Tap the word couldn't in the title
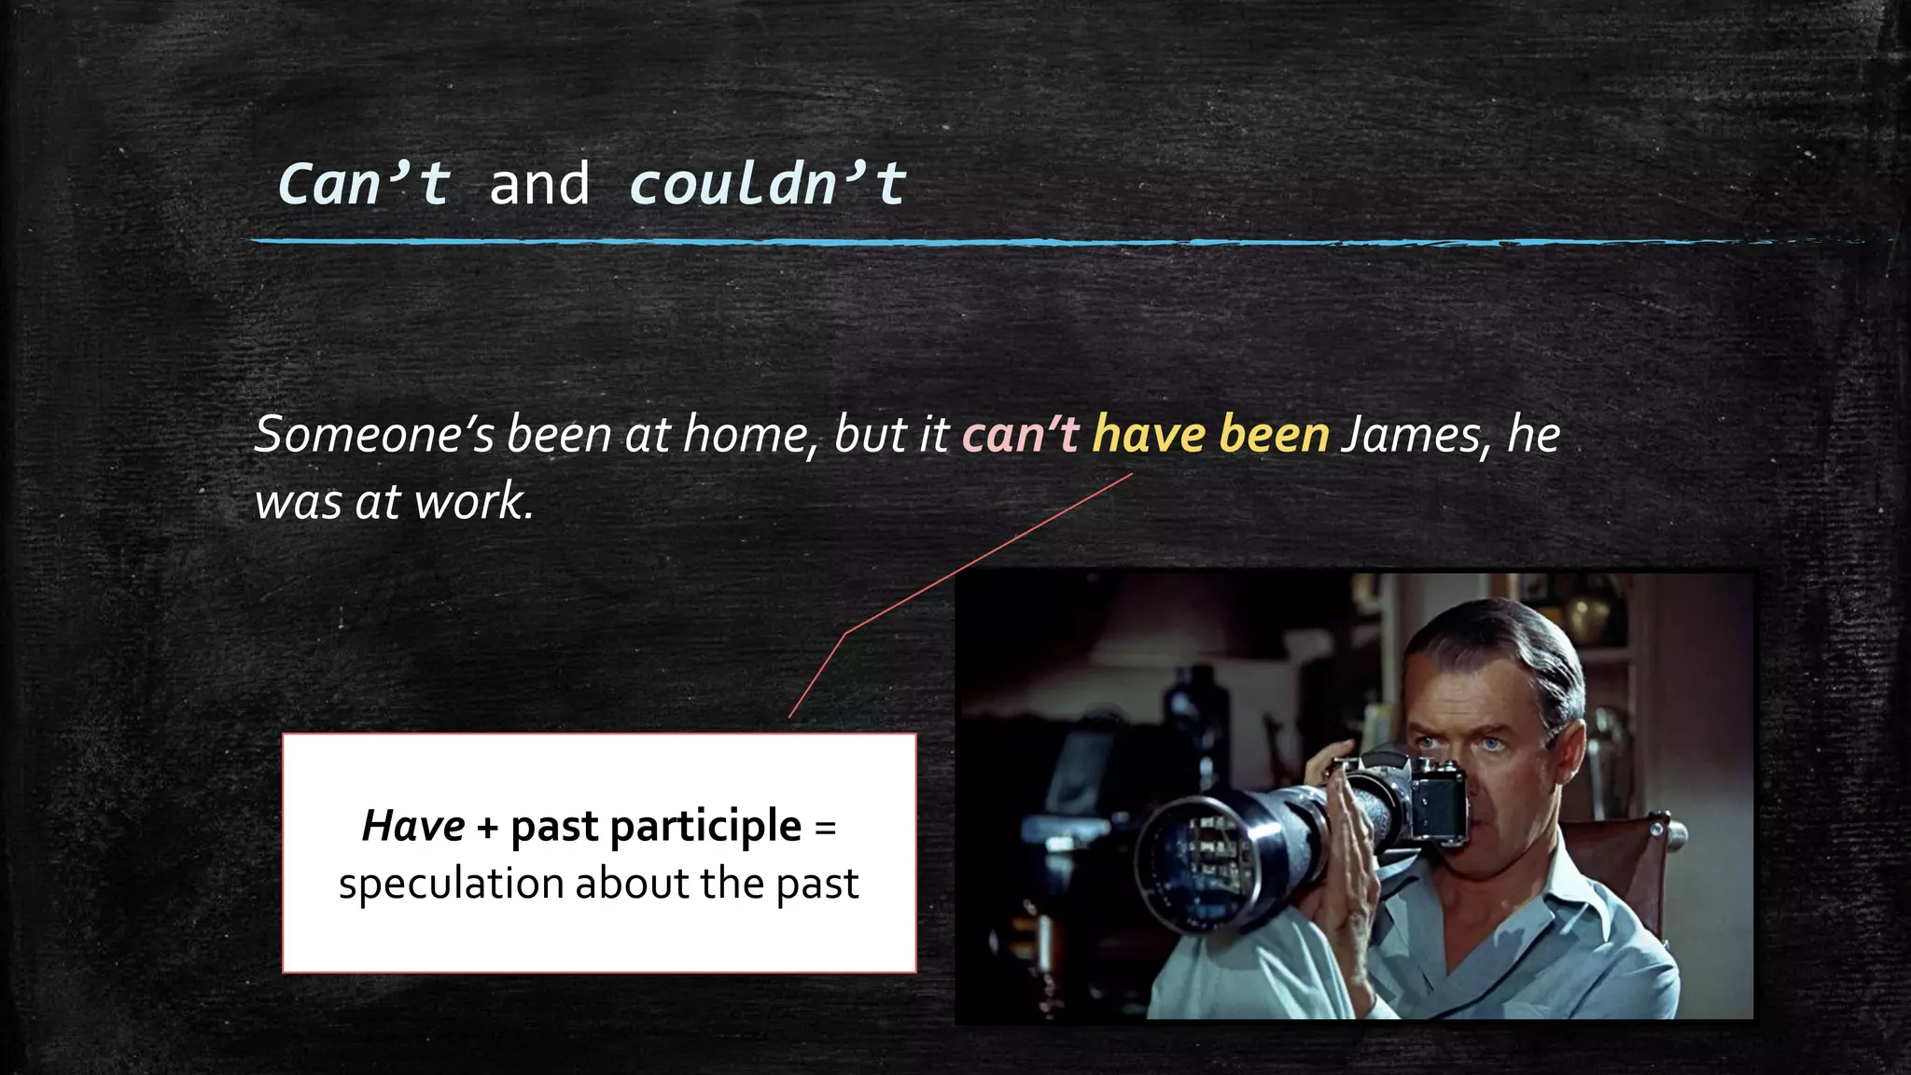pos(767,184)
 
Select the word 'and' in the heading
pos(539,184)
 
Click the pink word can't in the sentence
pos(1021,435)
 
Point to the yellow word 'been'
pos(1274,435)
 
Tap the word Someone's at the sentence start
pos(373,435)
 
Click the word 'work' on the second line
pos(471,502)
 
